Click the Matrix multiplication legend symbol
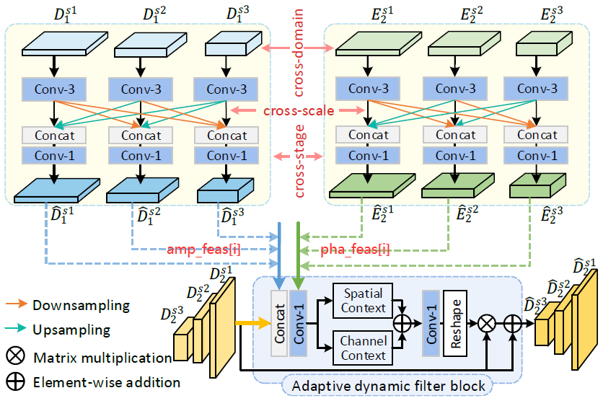pos(15,356)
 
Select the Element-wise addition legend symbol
pos(15,382)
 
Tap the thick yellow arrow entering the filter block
pos(249,325)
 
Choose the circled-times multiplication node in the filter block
pos(488,325)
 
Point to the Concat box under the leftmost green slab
pos(368,135)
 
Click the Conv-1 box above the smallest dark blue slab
pos(226,155)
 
